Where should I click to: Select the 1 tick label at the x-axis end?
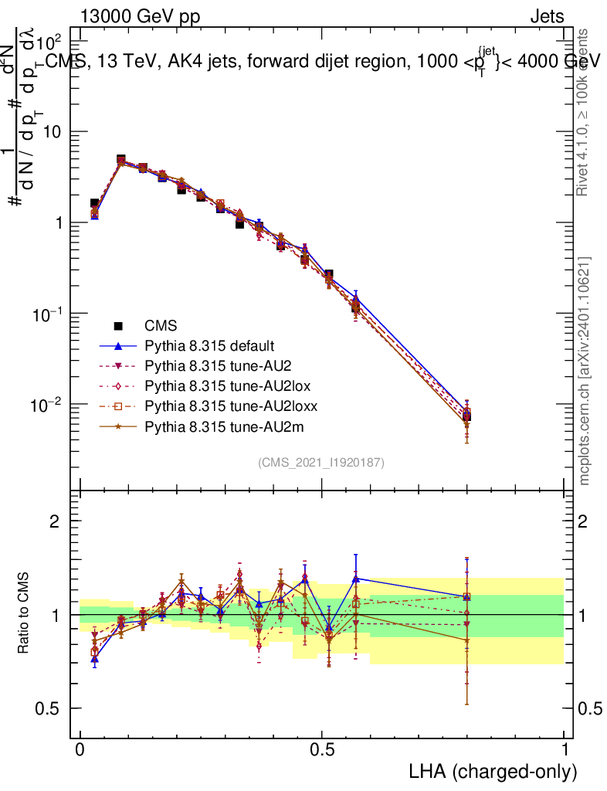564,750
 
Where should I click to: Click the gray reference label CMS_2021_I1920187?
321,462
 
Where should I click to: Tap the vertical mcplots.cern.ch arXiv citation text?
586,371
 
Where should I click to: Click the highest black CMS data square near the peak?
121,159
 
